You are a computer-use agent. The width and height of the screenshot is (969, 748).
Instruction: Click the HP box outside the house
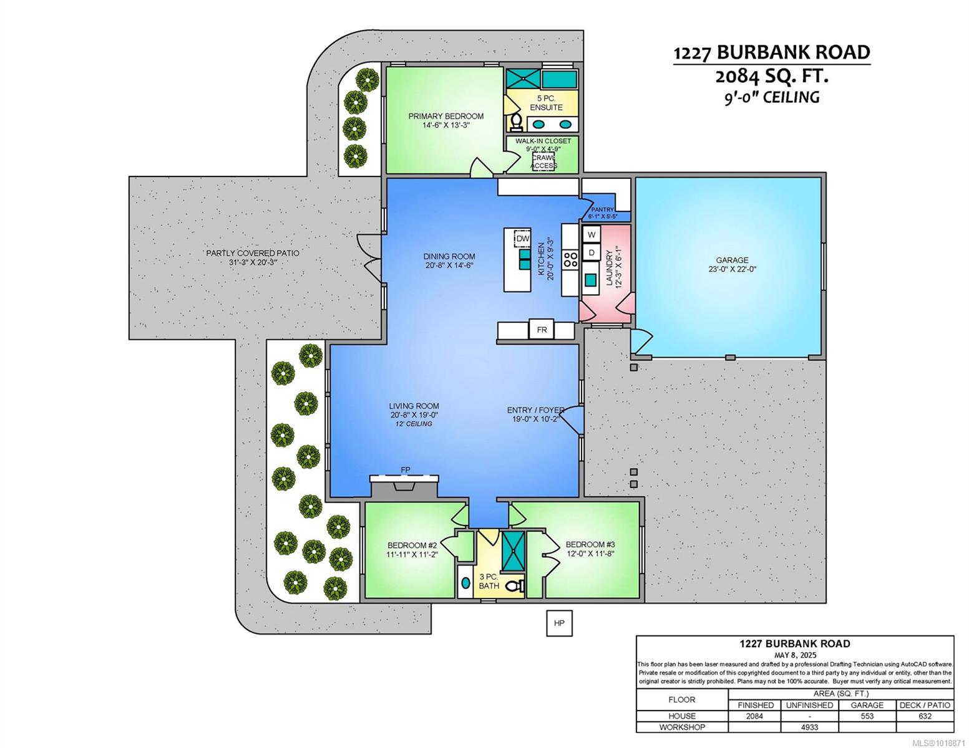(x=558, y=623)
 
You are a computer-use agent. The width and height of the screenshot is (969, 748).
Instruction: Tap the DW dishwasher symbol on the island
(x=522, y=239)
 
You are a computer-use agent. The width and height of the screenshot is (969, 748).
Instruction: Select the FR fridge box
(x=542, y=330)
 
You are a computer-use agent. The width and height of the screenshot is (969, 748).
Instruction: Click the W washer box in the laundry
(x=592, y=234)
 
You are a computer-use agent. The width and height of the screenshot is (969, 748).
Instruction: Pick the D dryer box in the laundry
(x=592, y=252)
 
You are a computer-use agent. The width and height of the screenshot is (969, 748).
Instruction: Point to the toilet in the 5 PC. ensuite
(x=517, y=122)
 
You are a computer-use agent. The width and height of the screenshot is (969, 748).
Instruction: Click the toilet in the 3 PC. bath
(x=515, y=585)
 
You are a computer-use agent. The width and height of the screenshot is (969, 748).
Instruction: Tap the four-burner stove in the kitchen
(x=570, y=259)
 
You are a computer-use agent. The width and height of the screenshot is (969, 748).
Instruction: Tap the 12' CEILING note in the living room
(x=414, y=424)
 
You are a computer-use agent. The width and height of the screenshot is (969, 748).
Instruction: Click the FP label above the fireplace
(x=406, y=469)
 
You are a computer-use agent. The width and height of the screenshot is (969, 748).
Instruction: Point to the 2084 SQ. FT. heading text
(x=772, y=77)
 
